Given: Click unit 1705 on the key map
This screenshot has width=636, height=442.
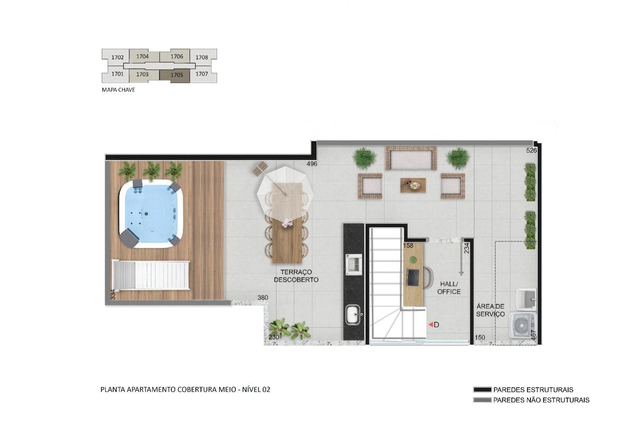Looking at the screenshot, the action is (x=177, y=75).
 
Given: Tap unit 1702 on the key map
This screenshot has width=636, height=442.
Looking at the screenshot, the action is (x=117, y=57).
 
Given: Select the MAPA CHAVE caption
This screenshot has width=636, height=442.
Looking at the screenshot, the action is (x=118, y=90).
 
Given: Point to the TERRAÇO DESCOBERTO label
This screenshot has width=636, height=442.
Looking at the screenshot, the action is (x=296, y=276).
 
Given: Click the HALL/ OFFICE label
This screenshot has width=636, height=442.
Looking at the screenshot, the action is (x=449, y=288).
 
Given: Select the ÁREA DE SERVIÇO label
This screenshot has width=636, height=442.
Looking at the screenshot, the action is (x=490, y=310).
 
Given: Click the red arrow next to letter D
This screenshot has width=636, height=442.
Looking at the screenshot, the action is (x=430, y=325).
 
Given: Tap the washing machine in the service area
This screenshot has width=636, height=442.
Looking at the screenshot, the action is (x=523, y=325).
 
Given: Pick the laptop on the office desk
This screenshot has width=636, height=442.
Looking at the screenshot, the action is (x=413, y=278).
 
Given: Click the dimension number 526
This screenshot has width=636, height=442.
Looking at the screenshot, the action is (x=532, y=150).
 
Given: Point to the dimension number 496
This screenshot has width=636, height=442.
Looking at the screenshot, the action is (x=312, y=164).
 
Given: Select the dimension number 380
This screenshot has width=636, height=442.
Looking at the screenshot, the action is (x=262, y=297).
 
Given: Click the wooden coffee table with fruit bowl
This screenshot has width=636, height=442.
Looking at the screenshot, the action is (x=413, y=185).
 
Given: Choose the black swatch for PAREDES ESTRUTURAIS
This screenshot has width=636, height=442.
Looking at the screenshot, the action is (x=483, y=389).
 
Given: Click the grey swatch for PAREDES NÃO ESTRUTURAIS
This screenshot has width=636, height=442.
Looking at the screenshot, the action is (x=483, y=400).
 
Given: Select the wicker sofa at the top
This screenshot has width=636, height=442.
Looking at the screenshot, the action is (x=411, y=158).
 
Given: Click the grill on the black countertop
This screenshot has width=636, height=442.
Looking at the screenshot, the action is (x=354, y=264).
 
